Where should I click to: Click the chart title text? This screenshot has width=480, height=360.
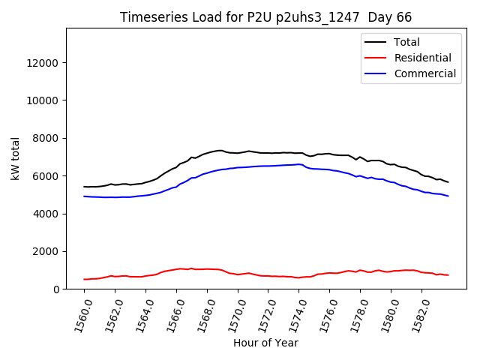point(265,17)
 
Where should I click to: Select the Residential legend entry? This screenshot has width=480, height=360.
point(422,58)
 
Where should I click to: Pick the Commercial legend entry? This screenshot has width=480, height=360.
point(424,73)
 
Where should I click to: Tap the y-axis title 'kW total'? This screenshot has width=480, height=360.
point(16,159)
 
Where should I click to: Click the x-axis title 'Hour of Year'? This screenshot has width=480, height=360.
point(265,343)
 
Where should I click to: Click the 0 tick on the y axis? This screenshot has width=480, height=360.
point(57,289)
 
